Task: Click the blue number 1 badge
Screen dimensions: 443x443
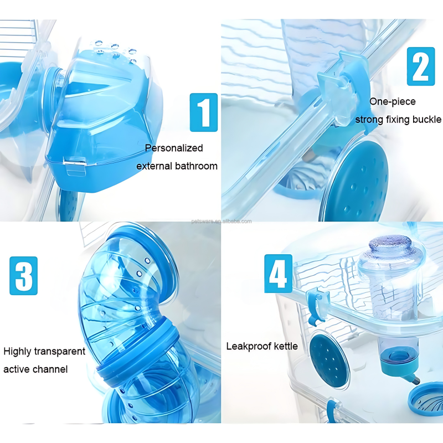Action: click(x=203, y=112)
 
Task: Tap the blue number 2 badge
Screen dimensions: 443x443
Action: click(x=421, y=66)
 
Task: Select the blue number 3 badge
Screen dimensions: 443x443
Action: click(x=23, y=276)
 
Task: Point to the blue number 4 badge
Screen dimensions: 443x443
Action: click(x=279, y=274)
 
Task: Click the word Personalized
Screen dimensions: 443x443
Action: click(x=174, y=148)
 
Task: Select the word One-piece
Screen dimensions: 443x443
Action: click(x=393, y=101)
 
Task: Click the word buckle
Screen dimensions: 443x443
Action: click(x=426, y=119)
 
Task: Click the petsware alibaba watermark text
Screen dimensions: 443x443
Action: click(x=221, y=221)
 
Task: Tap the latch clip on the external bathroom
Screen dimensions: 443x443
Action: click(x=75, y=168)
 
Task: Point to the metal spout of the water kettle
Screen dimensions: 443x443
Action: click(x=414, y=380)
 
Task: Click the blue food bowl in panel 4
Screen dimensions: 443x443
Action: click(x=426, y=398)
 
